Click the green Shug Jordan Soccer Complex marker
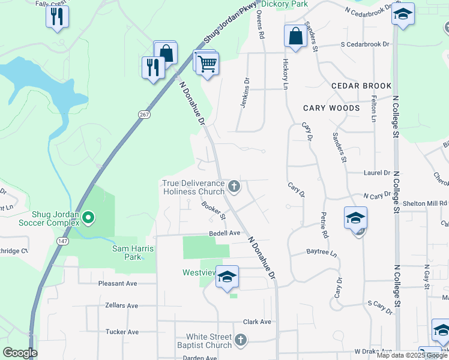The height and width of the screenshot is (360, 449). coord(88,217)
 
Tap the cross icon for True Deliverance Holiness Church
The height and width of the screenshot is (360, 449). coord(234,187)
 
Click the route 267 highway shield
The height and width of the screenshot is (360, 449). coord(143,114)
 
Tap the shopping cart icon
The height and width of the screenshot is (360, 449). coord(207,64)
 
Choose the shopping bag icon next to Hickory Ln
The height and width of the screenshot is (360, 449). coord(295,36)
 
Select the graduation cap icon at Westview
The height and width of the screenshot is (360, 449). coord(227,277)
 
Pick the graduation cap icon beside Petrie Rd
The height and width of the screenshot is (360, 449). coord(355,218)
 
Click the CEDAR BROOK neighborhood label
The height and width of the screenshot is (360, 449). coord(361,86)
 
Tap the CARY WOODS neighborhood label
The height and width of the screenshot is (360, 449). coord(331,108)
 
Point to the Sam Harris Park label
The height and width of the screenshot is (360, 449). coord(127,253)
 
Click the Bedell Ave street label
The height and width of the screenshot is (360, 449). coord(224,233)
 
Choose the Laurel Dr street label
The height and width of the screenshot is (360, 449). coord(376,173)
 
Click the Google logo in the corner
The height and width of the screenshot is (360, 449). coord(20,353)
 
